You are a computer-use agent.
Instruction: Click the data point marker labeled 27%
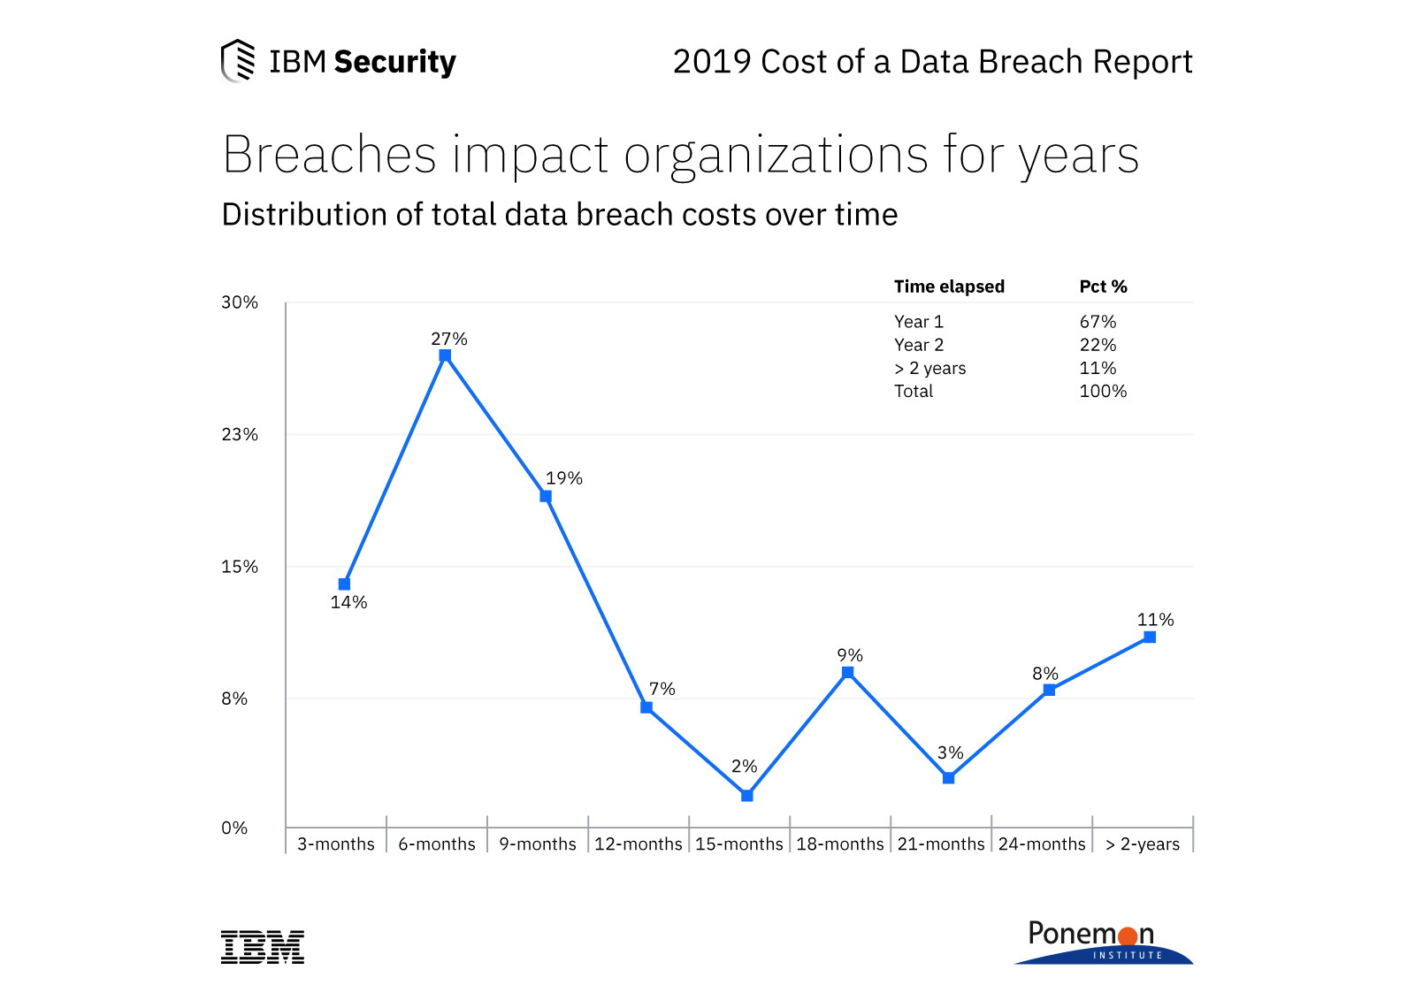(445, 355)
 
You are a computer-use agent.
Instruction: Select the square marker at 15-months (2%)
(746, 796)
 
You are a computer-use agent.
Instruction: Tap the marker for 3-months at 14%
(344, 584)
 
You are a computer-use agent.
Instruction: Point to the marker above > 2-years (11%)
(1149, 637)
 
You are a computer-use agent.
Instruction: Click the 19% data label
(563, 478)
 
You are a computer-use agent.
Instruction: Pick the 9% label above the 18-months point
(849, 655)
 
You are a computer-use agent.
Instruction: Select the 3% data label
(950, 752)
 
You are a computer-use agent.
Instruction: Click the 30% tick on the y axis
(239, 302)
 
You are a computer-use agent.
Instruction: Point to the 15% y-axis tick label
(239, 567)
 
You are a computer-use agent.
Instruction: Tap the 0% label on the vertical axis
(234, 828)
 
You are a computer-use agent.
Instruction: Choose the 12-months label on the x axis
(638, 844)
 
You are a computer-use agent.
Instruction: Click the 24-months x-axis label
(1041, 844)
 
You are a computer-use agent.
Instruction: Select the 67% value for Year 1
(1098, 322)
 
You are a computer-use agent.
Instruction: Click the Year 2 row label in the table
(918, 345)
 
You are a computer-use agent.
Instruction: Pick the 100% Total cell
(1102, 391)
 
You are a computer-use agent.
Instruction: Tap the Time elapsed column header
(948, 286)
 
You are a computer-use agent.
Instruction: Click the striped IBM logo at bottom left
(262, 947)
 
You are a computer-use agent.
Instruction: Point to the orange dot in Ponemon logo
(1128, 936)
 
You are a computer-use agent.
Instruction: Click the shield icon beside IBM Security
(237, 60)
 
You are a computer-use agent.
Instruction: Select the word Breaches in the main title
(329, 155)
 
